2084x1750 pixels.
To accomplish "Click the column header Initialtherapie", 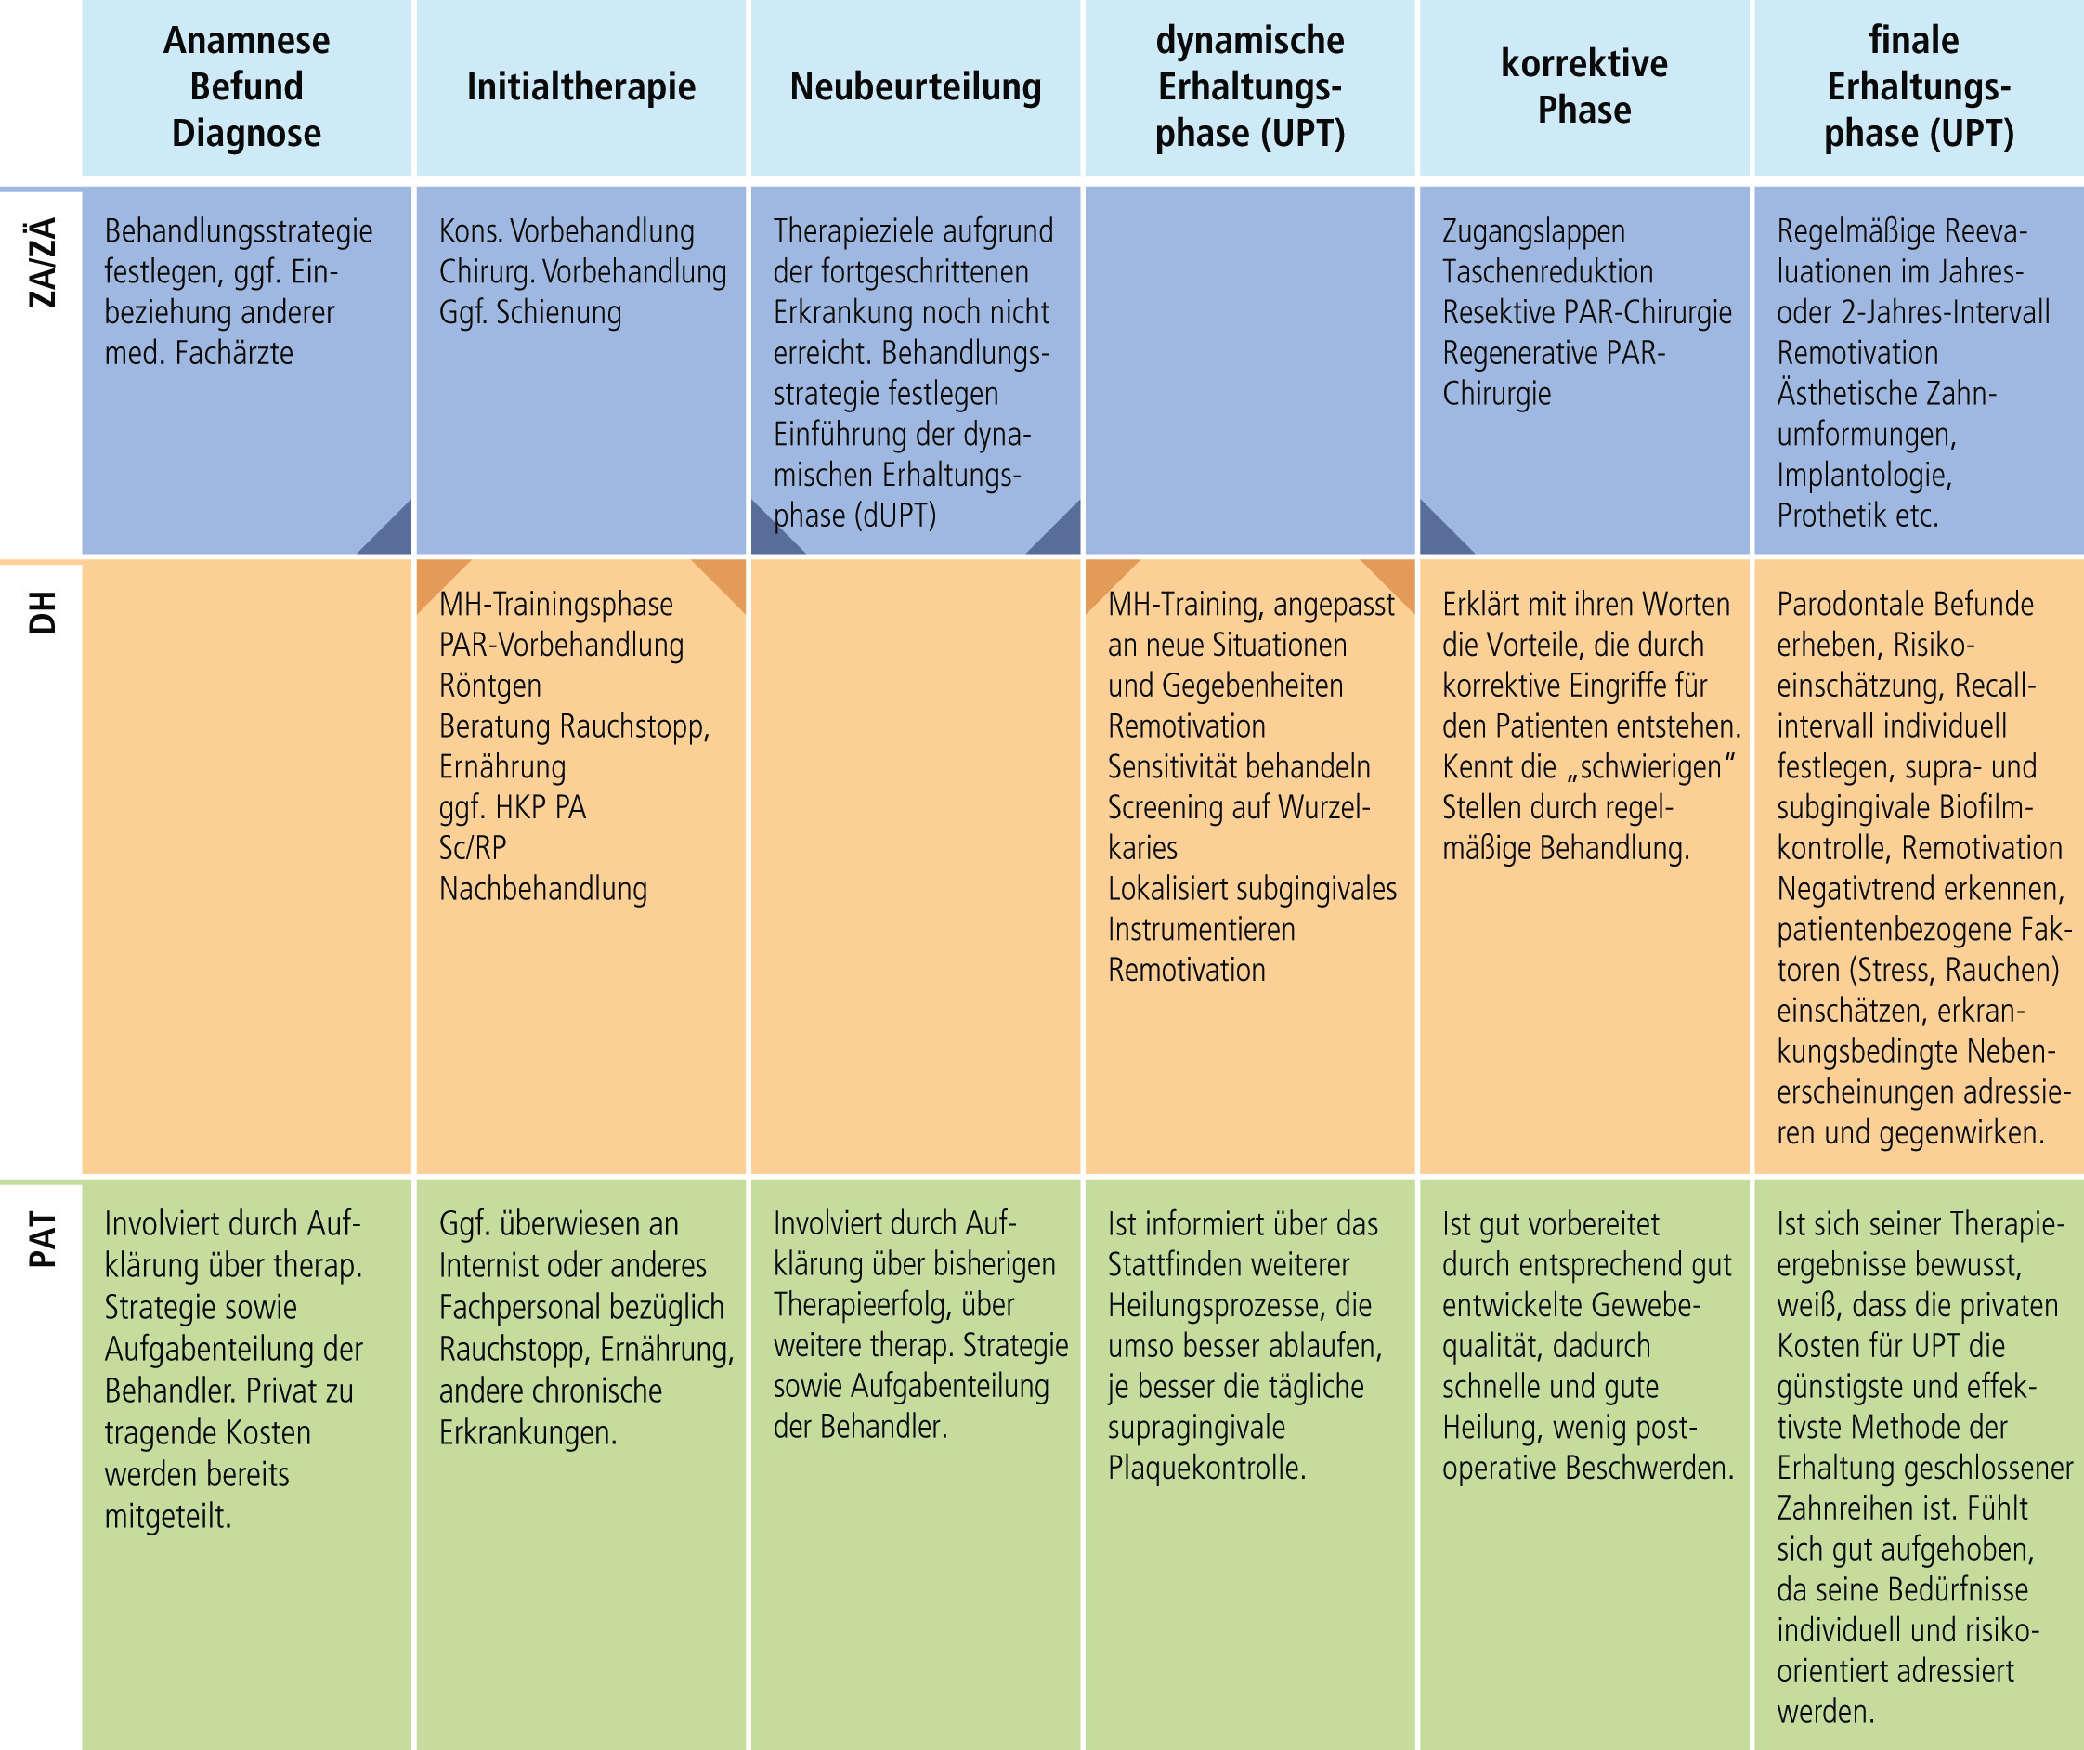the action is click(x=580, y=87).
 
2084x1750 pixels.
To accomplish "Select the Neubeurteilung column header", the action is click(x=915, y=87).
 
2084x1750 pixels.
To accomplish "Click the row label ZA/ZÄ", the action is click(x=42, y=262).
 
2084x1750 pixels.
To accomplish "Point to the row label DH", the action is click(x=42, y=612).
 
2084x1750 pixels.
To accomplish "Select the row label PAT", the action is click(x=42, y=1239).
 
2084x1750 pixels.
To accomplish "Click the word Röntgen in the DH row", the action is click(x=490, y=686).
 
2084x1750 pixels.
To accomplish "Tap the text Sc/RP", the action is click(x=473, y=848).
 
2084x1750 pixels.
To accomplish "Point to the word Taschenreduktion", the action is click(x=1547, y=272).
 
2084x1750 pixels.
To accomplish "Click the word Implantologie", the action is click(x=1864, y=476).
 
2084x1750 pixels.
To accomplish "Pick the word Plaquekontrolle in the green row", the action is click(x=1205, y=1467).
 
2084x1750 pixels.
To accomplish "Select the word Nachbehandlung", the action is click(x=543, y=889).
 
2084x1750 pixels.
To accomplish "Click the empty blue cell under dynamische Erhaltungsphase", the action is click(x=1249, y=371).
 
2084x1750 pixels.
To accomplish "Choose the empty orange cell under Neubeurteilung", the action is click(x=915, y=868).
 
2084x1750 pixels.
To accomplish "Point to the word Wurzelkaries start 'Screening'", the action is click(x=1239, y=828).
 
